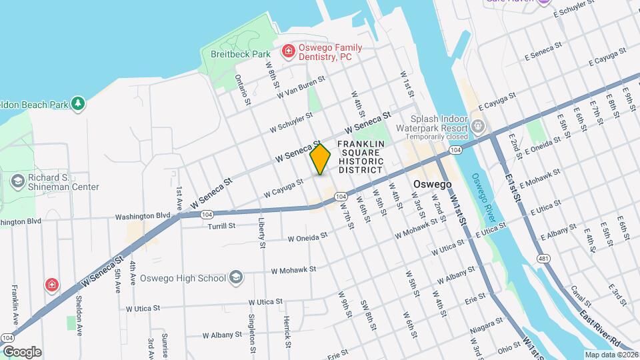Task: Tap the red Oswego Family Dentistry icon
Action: [288, 50]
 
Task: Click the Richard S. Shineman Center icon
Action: [18, 181]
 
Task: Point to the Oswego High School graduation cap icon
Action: [235, 277]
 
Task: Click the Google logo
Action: [22, 351]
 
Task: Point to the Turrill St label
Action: [221, 226]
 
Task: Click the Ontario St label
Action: [242, 89]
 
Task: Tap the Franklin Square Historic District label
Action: [361, 157]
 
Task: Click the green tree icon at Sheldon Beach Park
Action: [78, 104]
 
